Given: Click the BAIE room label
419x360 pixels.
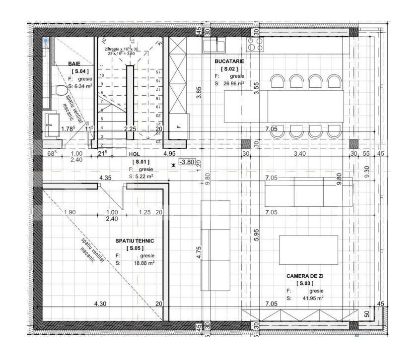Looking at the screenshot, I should pos(75,64).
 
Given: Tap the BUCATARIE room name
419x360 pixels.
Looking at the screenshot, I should pos(228,61).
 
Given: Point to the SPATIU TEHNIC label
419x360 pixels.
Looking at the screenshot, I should pos(135,240).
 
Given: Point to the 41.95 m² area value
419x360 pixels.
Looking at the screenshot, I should pos(312,299).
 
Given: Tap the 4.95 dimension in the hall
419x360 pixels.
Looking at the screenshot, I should pos(169,154).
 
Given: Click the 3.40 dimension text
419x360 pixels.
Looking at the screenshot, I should pos(299,154).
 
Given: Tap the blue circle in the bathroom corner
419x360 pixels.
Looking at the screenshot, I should pos(46,40).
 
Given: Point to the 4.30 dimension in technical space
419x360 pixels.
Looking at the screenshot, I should pos(100,303).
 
